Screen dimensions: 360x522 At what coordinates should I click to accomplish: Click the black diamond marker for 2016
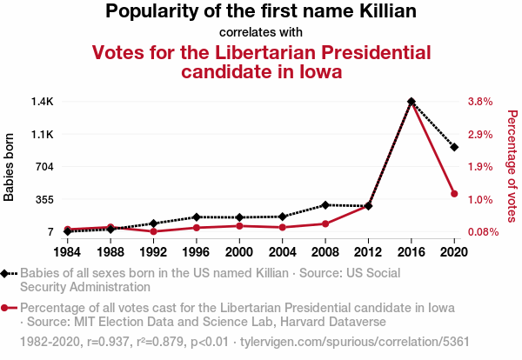(x=412, y=102)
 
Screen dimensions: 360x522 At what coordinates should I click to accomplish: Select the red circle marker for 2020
(x=454, y=193)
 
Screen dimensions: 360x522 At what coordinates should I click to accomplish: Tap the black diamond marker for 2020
(x=454, y=147)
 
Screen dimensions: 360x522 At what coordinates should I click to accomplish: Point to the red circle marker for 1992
(x=153, y=231)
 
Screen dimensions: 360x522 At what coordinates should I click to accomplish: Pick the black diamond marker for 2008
(x=325, y=204)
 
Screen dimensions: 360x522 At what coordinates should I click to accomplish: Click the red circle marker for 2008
(x=325, y=223)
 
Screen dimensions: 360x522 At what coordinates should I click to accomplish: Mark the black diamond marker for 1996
(x=197, y=217)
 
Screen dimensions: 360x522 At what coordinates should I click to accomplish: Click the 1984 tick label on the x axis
(x=67, y=251)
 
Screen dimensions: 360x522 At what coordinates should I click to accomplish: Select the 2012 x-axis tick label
(x=368, y=251)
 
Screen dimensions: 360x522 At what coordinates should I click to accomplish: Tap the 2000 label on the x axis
(x=239, y=251)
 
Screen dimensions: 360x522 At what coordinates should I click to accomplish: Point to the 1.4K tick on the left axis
(x=42, y=102)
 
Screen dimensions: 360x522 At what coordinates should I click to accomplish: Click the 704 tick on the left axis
(x=44, y=167)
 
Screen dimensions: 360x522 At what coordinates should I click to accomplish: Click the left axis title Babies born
(x=10, y=167)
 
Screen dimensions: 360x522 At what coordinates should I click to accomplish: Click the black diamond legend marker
(x=9, y=273)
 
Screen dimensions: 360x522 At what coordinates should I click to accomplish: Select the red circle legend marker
(x=9, y=308)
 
